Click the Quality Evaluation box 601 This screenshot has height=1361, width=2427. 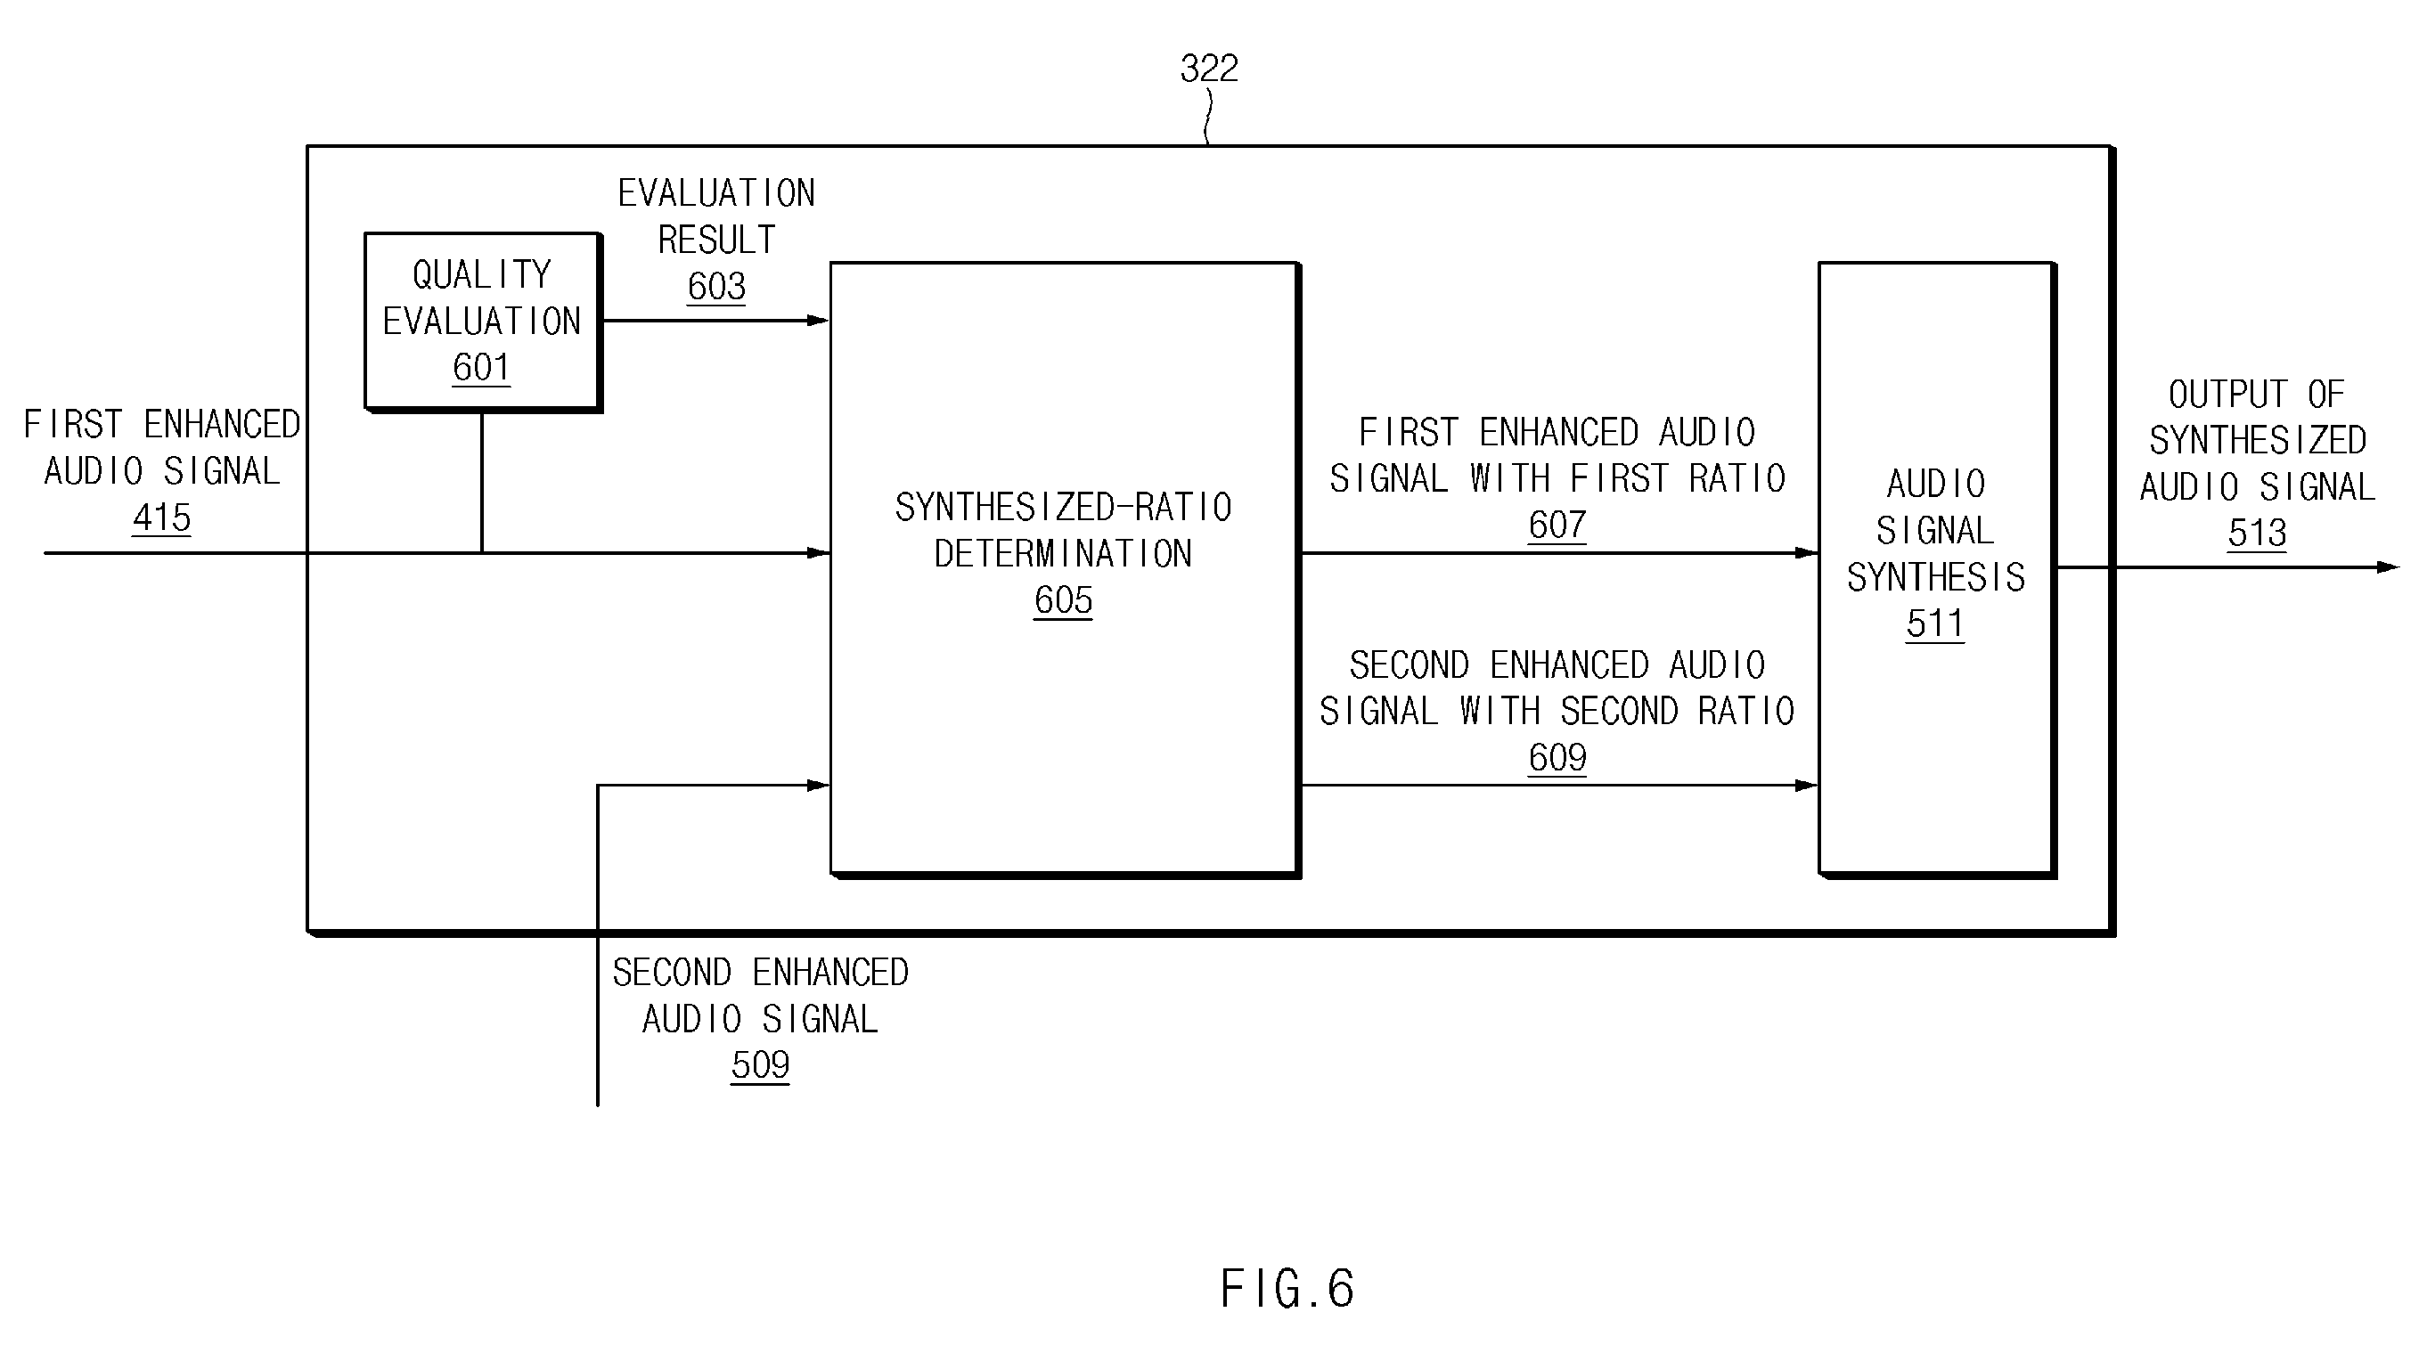tap(483, 322)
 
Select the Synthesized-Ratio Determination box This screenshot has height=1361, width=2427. tap(1065, 570)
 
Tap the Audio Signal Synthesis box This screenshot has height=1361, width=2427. tap(1937, 570)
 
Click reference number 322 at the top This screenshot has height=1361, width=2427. tap(1209, 68)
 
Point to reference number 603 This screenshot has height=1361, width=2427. tap(716, 286)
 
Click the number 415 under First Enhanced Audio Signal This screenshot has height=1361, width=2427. tap(162, 518)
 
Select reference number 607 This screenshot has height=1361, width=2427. tap(1557, 525)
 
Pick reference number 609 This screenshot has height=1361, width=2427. tap(1557, 757)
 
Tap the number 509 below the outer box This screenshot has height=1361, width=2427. tap(759, 1065)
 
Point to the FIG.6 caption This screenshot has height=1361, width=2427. tap(1287, 1289)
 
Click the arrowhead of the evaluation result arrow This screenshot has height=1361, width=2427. tap(818, 322)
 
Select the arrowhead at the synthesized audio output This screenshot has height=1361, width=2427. tap(2388, 567)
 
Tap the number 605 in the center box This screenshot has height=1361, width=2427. tap(1063, 600)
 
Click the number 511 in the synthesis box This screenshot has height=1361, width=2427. tap(1935, 623)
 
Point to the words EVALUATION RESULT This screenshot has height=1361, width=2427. tap(716, 216)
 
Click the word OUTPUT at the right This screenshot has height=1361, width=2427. tap(2228, 395)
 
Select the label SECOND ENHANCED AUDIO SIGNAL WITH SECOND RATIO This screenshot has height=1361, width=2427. tap(1557, 689)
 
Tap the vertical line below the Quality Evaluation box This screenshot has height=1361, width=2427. tap(481, 482)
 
